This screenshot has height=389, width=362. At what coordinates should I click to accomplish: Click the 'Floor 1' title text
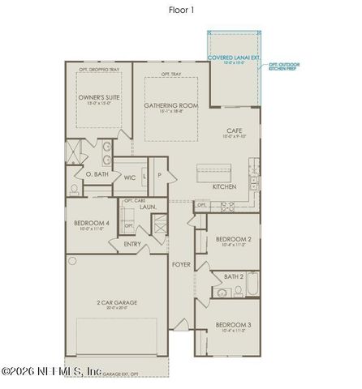click(x=180, y=11)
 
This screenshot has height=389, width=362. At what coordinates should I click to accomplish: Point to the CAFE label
click(x=235, y=130)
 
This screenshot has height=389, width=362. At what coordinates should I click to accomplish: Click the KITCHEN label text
click(x=224, y=186)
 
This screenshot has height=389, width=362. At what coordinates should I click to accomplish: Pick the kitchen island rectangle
click(x=215, y=171)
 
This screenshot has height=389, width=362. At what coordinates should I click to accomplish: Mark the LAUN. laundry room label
click(x=148, y=207)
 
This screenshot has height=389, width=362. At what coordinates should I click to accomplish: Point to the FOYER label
click(x=181, y=264)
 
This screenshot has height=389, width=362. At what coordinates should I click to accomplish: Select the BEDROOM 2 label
click(x=233, y=239)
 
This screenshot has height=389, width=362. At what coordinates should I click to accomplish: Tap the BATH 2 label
click(x=233, y=276)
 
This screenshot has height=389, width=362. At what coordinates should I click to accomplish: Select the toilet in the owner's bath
click(x=74, y=189)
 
